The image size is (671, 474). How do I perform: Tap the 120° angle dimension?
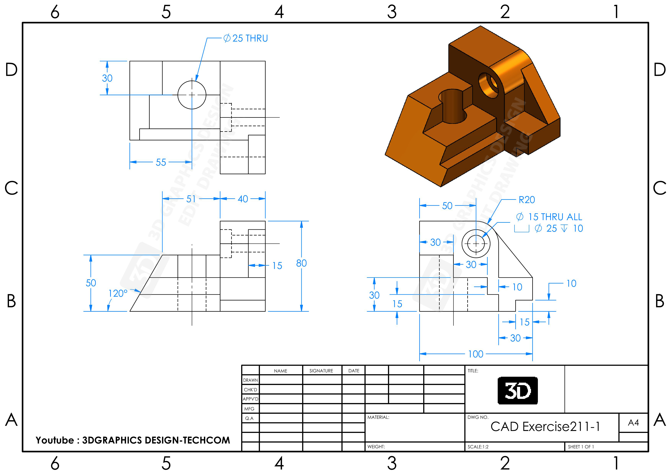point(118,293)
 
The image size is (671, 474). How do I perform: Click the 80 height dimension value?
point(301,263)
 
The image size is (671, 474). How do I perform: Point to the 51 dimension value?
point(191,199)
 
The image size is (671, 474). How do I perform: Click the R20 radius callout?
point(526,200)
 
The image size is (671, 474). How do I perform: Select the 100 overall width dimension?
point(476,354)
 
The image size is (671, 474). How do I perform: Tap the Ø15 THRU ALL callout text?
point(549,217)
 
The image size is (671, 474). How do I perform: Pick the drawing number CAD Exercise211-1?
point(545,427)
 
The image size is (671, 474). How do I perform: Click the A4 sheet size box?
point(633,423)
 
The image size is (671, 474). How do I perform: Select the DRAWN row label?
point(250,380)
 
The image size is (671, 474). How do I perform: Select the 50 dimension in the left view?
point(91,283)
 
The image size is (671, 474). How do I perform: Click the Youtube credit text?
point(133,440)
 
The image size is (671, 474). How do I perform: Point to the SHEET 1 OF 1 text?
point(581,447)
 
